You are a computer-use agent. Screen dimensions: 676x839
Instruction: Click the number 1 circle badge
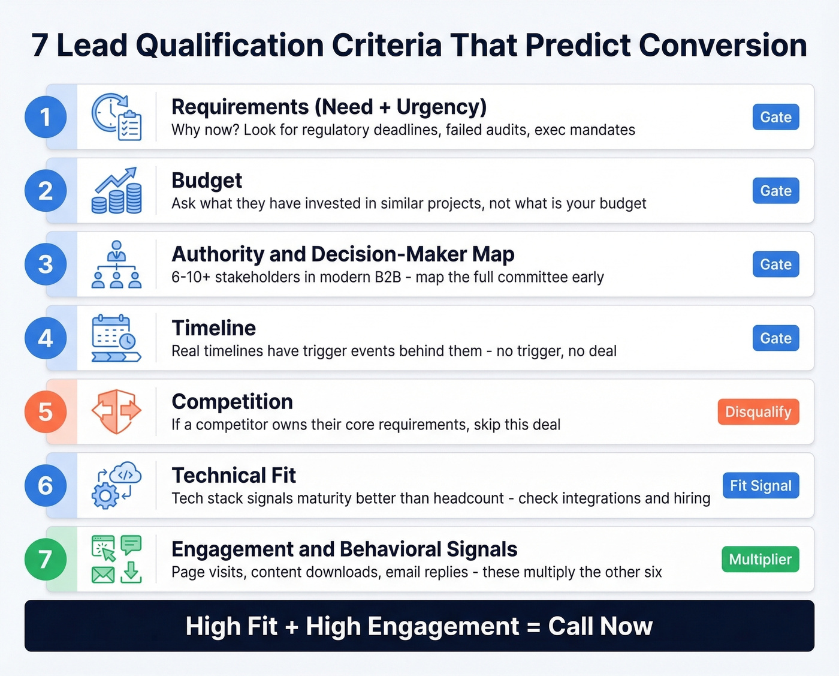[46, 117]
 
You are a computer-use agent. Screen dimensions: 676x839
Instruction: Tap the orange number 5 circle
[46, 412]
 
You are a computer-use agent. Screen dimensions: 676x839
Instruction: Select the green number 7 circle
[46, 559]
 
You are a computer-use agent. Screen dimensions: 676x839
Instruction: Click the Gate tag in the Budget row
[775, 191]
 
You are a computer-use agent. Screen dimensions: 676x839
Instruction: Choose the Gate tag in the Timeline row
[775, 338]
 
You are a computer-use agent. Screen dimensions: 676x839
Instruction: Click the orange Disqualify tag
[758, 412]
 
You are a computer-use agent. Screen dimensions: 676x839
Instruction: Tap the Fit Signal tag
[760, 486]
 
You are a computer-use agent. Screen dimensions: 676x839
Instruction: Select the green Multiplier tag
[760, 560]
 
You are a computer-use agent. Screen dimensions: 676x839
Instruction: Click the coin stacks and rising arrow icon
[117, 191]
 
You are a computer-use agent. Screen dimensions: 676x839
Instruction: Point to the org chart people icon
[117, 265]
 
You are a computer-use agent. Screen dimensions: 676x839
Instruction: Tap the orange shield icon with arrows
[117, 411]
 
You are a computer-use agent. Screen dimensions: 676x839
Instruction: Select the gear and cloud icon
[117, 485]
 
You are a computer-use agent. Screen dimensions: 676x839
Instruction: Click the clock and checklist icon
[117, 117]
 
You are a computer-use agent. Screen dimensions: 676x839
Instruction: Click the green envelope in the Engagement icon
[103, 575]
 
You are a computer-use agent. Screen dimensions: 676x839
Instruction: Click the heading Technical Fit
[234, 476]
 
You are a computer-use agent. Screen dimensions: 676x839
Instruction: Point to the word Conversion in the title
[723, 46]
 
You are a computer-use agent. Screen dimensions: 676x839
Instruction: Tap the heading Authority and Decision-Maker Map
[343, 254]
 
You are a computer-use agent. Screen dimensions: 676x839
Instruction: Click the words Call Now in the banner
[600, 626]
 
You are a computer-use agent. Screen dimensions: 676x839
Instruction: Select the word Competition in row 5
[233, 402]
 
